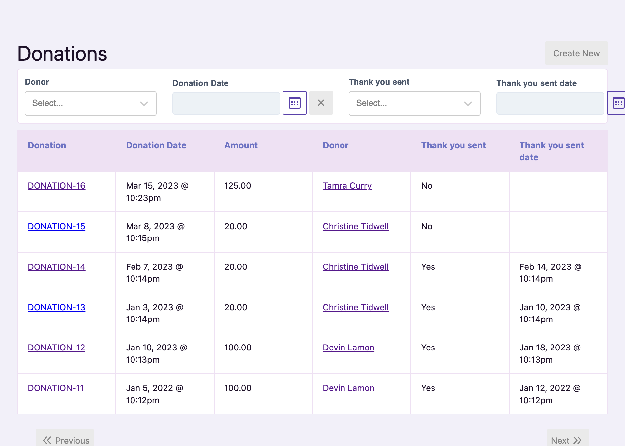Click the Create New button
pyautogui.click(x=576, y=53)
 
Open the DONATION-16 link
pyautogui.click(x=56, y=186)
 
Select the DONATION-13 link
pyautogui.click(x=56, y=307)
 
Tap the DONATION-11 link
pyautogui.click(x=56, y=388)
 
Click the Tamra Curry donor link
pyautogui.click(x=347, y=186)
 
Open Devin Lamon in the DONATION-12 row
pyautogui.click(x=348, y=348)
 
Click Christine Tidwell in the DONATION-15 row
pyautogui.click(x=355, y=226)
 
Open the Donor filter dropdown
pyautogui.click(x=90, y=103)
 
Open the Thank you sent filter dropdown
pyautogui.click(x=414, y=103)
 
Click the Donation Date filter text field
pyautogui.click(x=226, y=103)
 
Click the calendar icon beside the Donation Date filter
pyautogui.click(x=294, y=103)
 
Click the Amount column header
pyautogui.click(x=241, y=145)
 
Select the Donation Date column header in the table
pyautogui.click(x=156, y=145)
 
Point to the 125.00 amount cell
pyautogui.click(x=238, y=186)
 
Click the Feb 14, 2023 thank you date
pyautogui.click(x=550, y=273)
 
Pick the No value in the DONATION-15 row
pyautogui.click(x=427, y=226)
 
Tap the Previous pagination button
pyautogui.click(x=65, y=440)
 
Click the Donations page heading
pyautogui.click(x=62, y=54)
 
